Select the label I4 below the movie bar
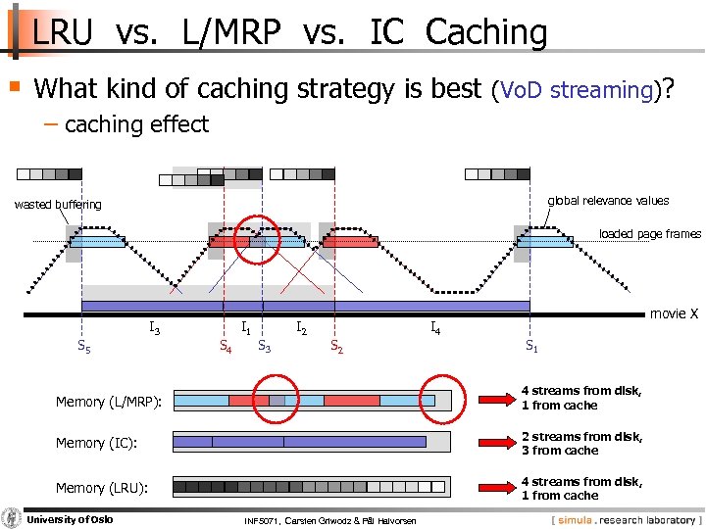point(434,329)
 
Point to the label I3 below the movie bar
point(155,329)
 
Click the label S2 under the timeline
point(335,345)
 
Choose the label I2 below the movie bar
point(303,329)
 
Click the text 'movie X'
point(674,313)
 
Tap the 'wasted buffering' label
point(58,204)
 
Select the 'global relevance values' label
point(608,201)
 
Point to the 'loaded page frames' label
point(650,234)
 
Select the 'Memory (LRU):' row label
point(101,488)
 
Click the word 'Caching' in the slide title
point(486,32)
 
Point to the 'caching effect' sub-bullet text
point(136,124)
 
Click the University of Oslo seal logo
point(11,518)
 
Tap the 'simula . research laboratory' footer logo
point(627,518)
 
